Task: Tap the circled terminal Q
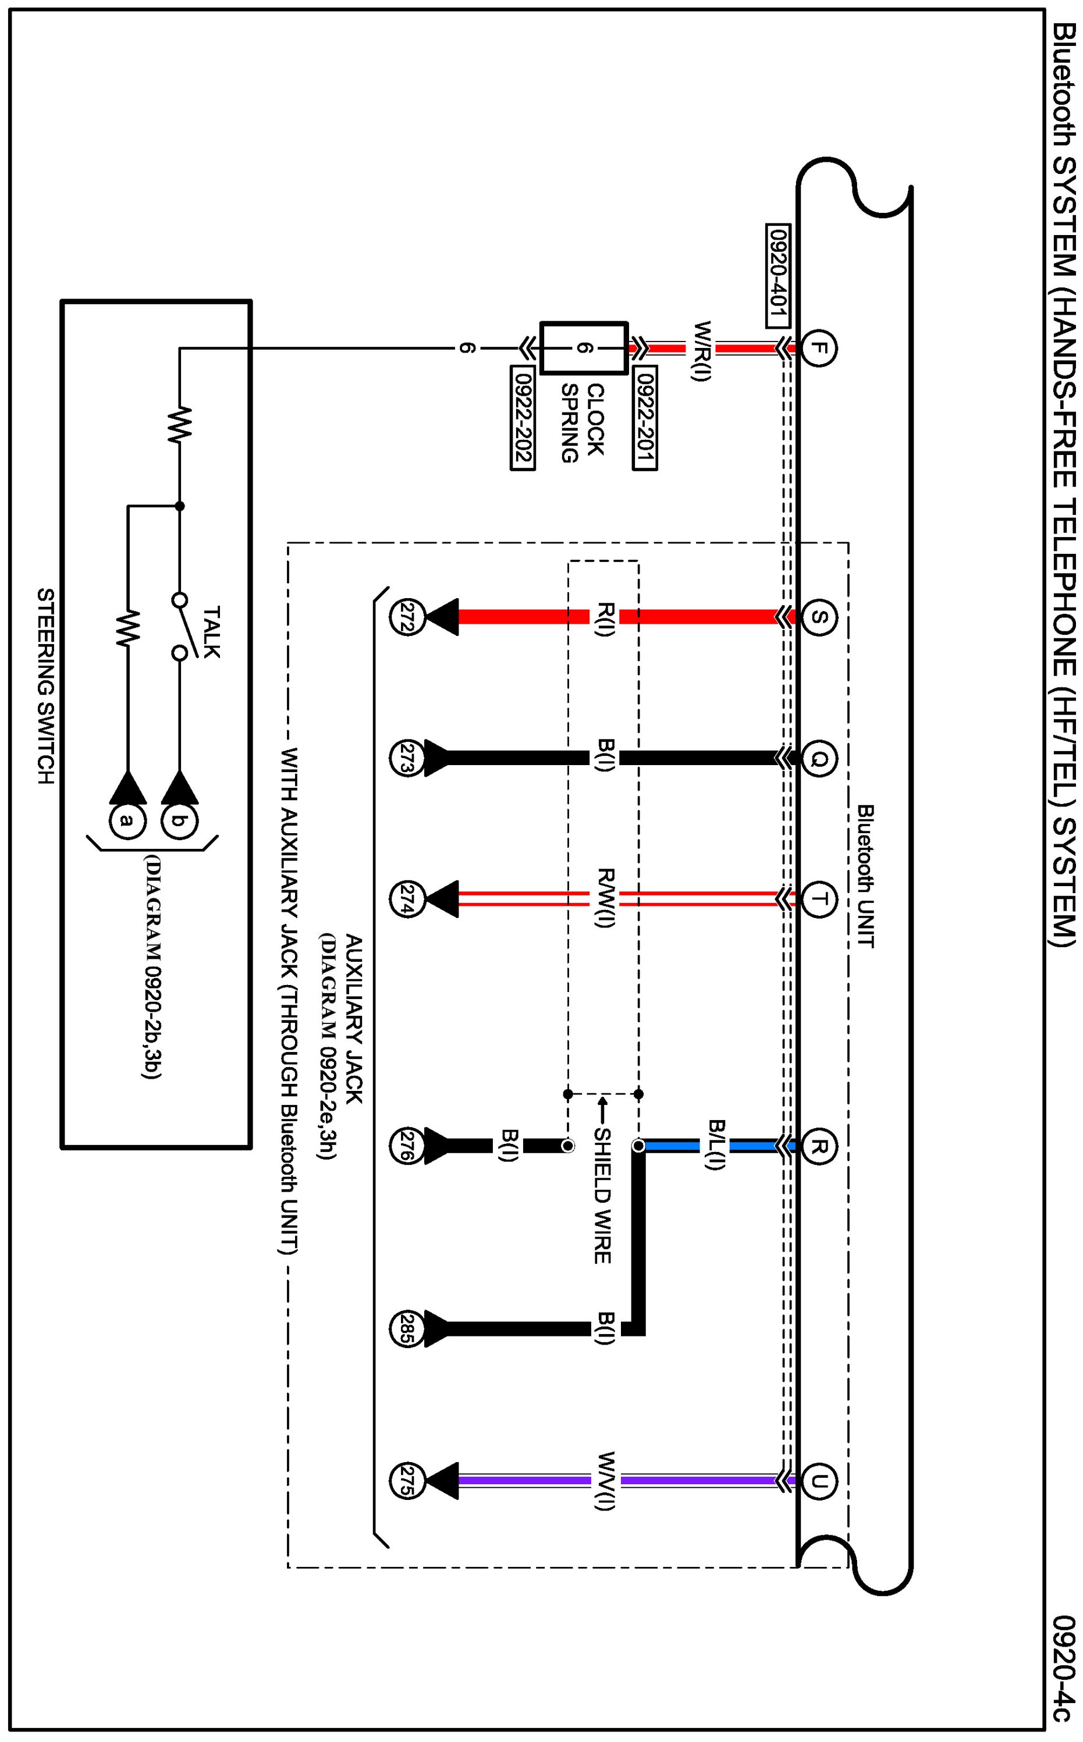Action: coord(819,758)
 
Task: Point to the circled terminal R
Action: coord(819,1146)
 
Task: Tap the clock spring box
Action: coord(584,348)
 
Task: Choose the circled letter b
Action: coord(180,821)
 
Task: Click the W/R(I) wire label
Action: coord(701,351)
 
